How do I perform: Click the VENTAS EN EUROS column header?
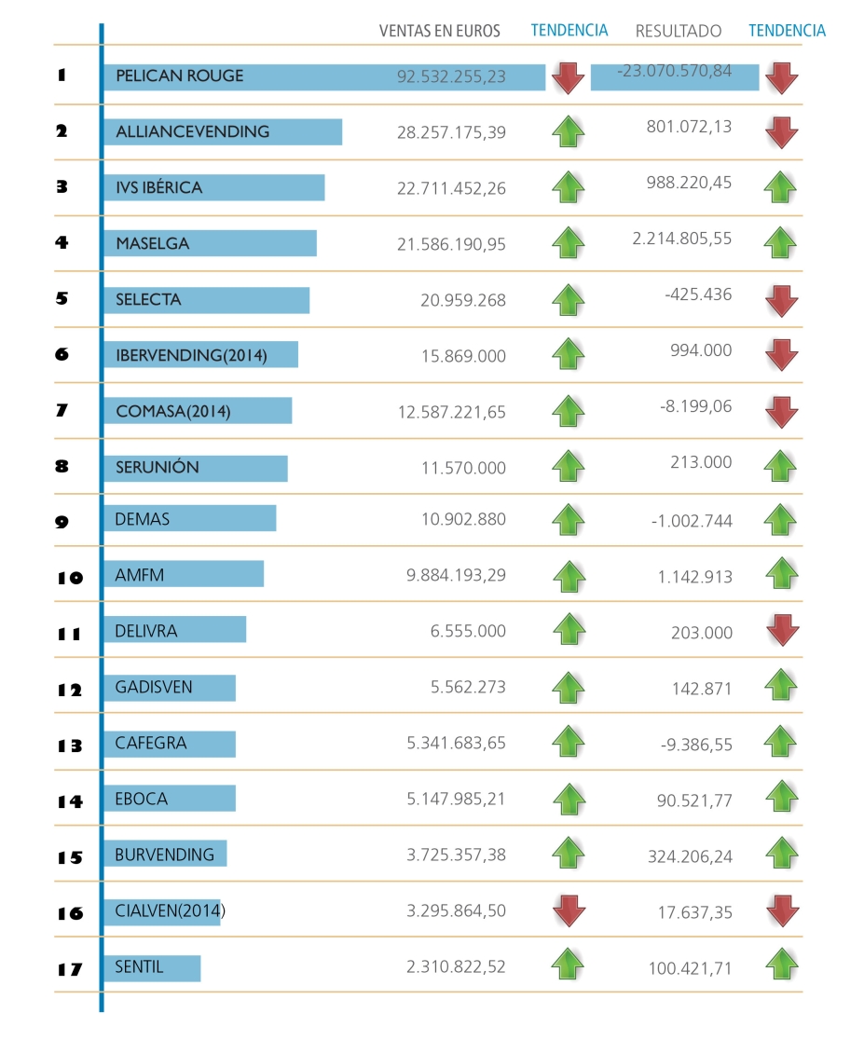tap(439, 31)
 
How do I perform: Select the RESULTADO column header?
tap(678, 31)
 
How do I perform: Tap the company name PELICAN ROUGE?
tap(179, 76)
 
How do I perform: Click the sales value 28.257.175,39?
tap(451, 132)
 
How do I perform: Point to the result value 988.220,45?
tap(689, 183)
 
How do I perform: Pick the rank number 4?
tap(62, 243)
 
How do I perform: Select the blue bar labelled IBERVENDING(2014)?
tap(200, 355)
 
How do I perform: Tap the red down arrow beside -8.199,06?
tap(782, 411)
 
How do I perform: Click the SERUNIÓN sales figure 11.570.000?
tap(463, 468)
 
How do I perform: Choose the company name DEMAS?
tap(143, 519)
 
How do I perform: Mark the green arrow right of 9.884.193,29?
tap(569, 576)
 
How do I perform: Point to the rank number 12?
tap(69, 690)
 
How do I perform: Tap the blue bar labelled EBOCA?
tap(169, 799)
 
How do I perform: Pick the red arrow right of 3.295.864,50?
tap(569, 910)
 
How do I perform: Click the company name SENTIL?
tap(139, 967)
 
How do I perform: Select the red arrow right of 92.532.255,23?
tap(568, 78)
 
